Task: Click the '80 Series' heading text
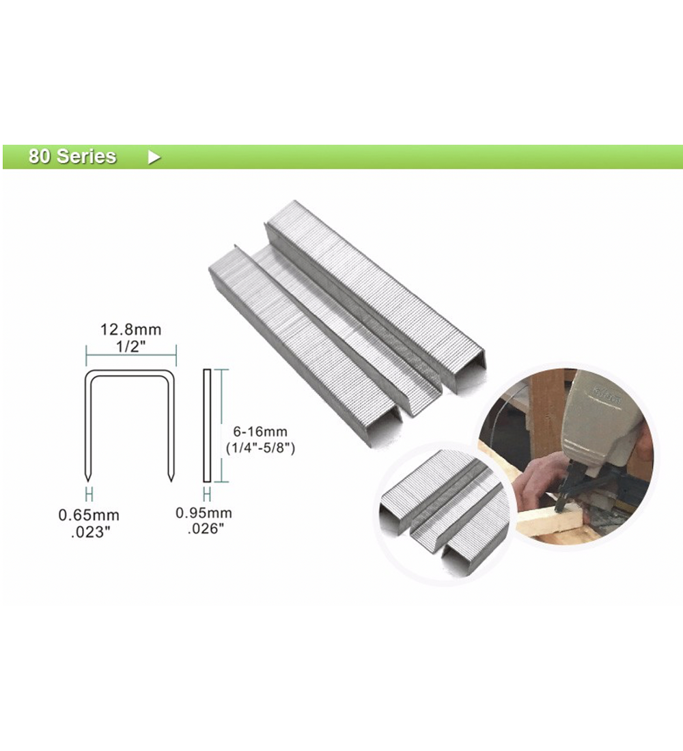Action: pos(72,156)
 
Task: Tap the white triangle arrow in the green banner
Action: pos(154,157)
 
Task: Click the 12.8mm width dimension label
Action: pos(130,330)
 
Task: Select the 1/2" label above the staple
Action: pos(131,346)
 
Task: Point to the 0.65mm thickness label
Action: pos(89,515)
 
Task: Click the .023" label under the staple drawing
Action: pos(91,532)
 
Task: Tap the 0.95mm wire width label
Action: pos(204,513)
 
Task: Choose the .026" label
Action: pos(206,528)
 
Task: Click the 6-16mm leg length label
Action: pos(260,431)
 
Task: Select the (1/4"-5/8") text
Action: pos(260,448)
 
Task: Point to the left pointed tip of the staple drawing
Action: pos(87,480)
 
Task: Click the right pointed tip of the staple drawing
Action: pos(171,480)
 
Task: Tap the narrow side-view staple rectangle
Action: pos(207,425)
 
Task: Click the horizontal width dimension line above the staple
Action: pos(131,356)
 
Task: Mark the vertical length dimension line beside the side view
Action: pos(221,425)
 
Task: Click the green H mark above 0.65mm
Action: pos(89,494)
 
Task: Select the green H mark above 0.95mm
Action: pos(207,494)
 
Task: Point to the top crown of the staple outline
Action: pos(130,373)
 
